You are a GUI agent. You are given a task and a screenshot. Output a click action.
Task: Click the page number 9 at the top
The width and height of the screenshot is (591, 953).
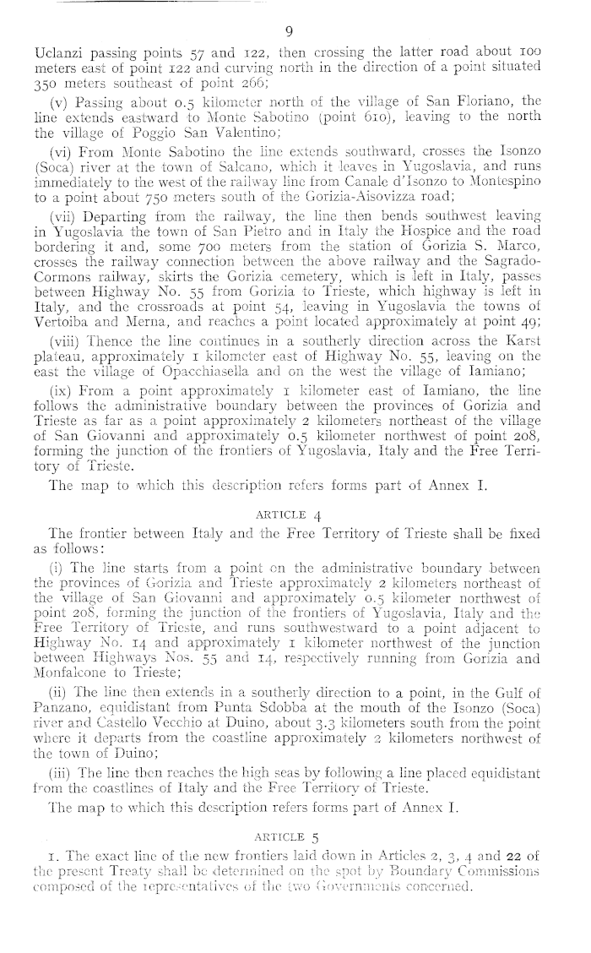pos(289,32)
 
